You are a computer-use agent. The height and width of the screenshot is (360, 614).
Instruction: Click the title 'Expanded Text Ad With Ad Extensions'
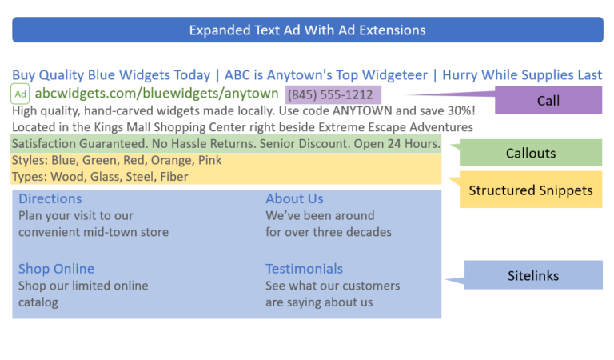pos(307,30)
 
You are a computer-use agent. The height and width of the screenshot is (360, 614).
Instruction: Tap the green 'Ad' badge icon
pos(21,94)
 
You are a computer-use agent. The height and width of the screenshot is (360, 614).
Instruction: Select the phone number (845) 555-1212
pos(329,94)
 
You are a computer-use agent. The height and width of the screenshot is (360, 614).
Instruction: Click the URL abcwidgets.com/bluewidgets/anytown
pos(156,94)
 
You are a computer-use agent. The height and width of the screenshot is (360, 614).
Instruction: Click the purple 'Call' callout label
pos(548,101)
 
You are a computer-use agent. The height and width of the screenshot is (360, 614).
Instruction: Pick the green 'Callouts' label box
pos(531,153)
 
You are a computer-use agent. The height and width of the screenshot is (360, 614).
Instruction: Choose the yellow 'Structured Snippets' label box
pos(531,190)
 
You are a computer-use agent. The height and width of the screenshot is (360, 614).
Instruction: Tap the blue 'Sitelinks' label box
pos(533,276)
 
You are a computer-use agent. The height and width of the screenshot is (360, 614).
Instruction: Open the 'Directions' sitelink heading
pos(50,198)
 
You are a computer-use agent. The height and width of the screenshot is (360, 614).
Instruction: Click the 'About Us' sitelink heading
pos(294,198)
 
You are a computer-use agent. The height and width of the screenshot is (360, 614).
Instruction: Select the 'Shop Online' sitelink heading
pos(56,269)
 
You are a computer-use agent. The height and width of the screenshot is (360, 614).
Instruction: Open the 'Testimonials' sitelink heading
pos(304,269)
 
